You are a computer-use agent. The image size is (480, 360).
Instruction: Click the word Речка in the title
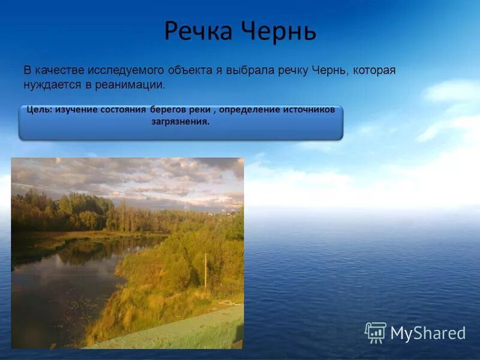[200, 31]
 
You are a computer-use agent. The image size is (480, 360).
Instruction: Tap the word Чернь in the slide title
[279, 31]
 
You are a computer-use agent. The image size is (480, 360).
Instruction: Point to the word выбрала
[250, 70]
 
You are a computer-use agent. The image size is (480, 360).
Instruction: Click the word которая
[374, 70]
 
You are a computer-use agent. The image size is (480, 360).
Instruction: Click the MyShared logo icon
[376, 332]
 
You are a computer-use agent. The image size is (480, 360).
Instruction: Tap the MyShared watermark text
[428, 334]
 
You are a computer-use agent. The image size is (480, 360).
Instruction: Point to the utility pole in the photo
[205, 270]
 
